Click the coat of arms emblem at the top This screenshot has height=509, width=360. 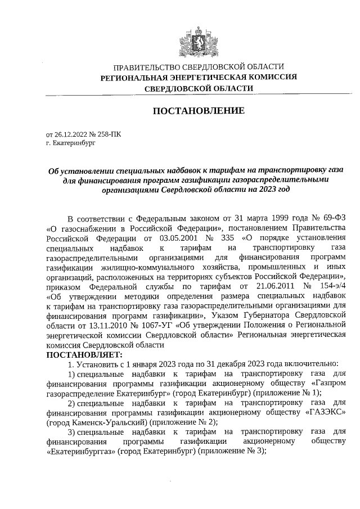point(198,41)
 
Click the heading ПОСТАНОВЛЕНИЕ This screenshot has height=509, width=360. point(199,111)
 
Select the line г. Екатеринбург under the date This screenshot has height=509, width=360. point(71,143)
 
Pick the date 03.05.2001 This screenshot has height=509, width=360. point(160,238)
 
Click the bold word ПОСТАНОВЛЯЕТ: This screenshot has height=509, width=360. point(83,355)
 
